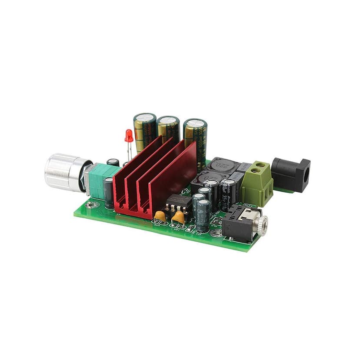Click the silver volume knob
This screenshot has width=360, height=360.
[61, 172]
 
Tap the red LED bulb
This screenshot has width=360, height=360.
[129, 136]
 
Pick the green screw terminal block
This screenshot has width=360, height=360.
[257, 183]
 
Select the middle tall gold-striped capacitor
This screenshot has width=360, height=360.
[168, 128]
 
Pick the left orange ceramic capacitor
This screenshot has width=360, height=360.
[160, 216]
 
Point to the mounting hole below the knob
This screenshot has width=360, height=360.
[92, 204]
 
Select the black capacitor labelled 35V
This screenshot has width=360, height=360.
[228, 193]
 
